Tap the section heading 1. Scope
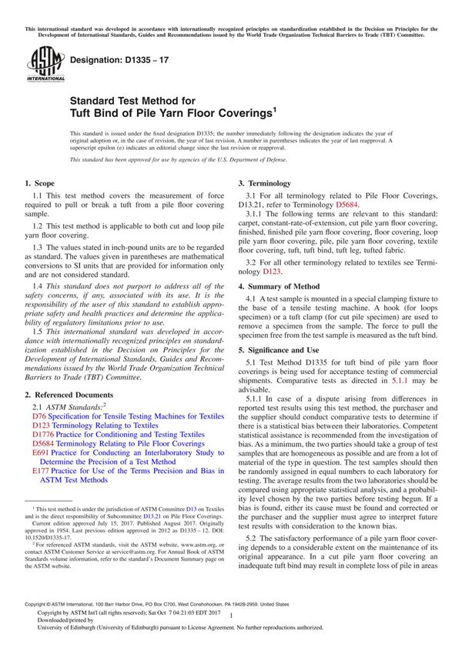click(39, 184)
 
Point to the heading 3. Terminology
click(265, 184)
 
